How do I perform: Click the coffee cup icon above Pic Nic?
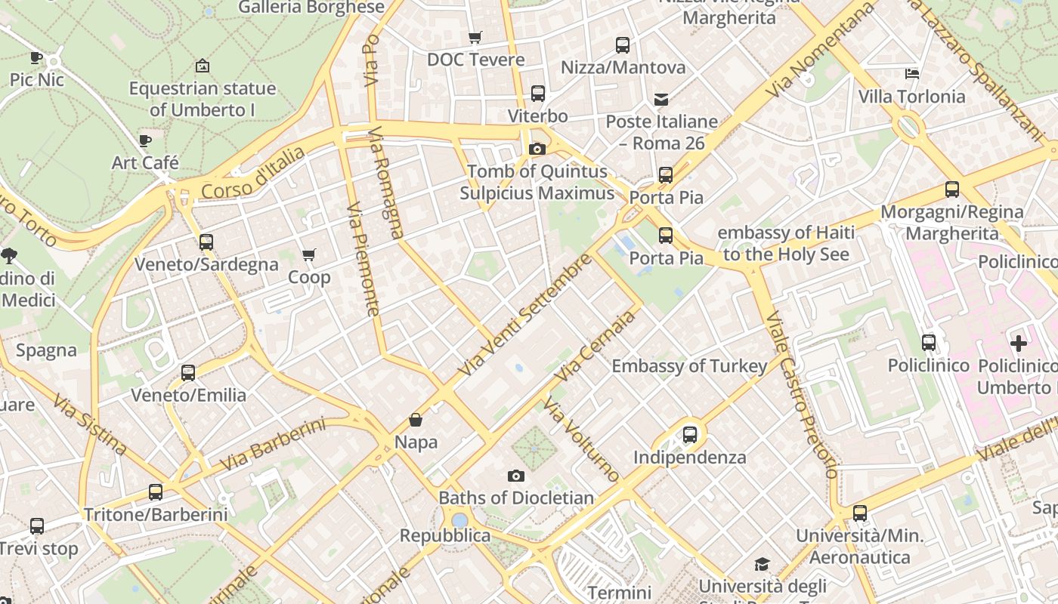[36, 57]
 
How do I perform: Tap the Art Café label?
[145, 162]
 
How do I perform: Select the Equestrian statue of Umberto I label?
[202, 99]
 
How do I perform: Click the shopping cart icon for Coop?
[308, 255]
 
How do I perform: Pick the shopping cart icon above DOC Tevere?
[475, 37]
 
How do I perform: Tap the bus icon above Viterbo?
[537, 94]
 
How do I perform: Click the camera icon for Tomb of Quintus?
[537, 149]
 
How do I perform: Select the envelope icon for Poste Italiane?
[661, 99]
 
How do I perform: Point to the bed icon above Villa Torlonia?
[912, 74]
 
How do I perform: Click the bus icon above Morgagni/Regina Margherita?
[952, 190]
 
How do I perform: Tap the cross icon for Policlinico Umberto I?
[1019, 344]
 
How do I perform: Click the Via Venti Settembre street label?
[524, 316]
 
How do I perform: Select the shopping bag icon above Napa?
[415, 420]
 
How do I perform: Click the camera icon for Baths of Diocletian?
[516, 476]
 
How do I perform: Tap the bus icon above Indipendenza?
[689, 435]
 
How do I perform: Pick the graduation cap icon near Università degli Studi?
[761, 565]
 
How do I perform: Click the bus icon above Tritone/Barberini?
[155, 492]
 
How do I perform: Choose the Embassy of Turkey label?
[689, 366]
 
